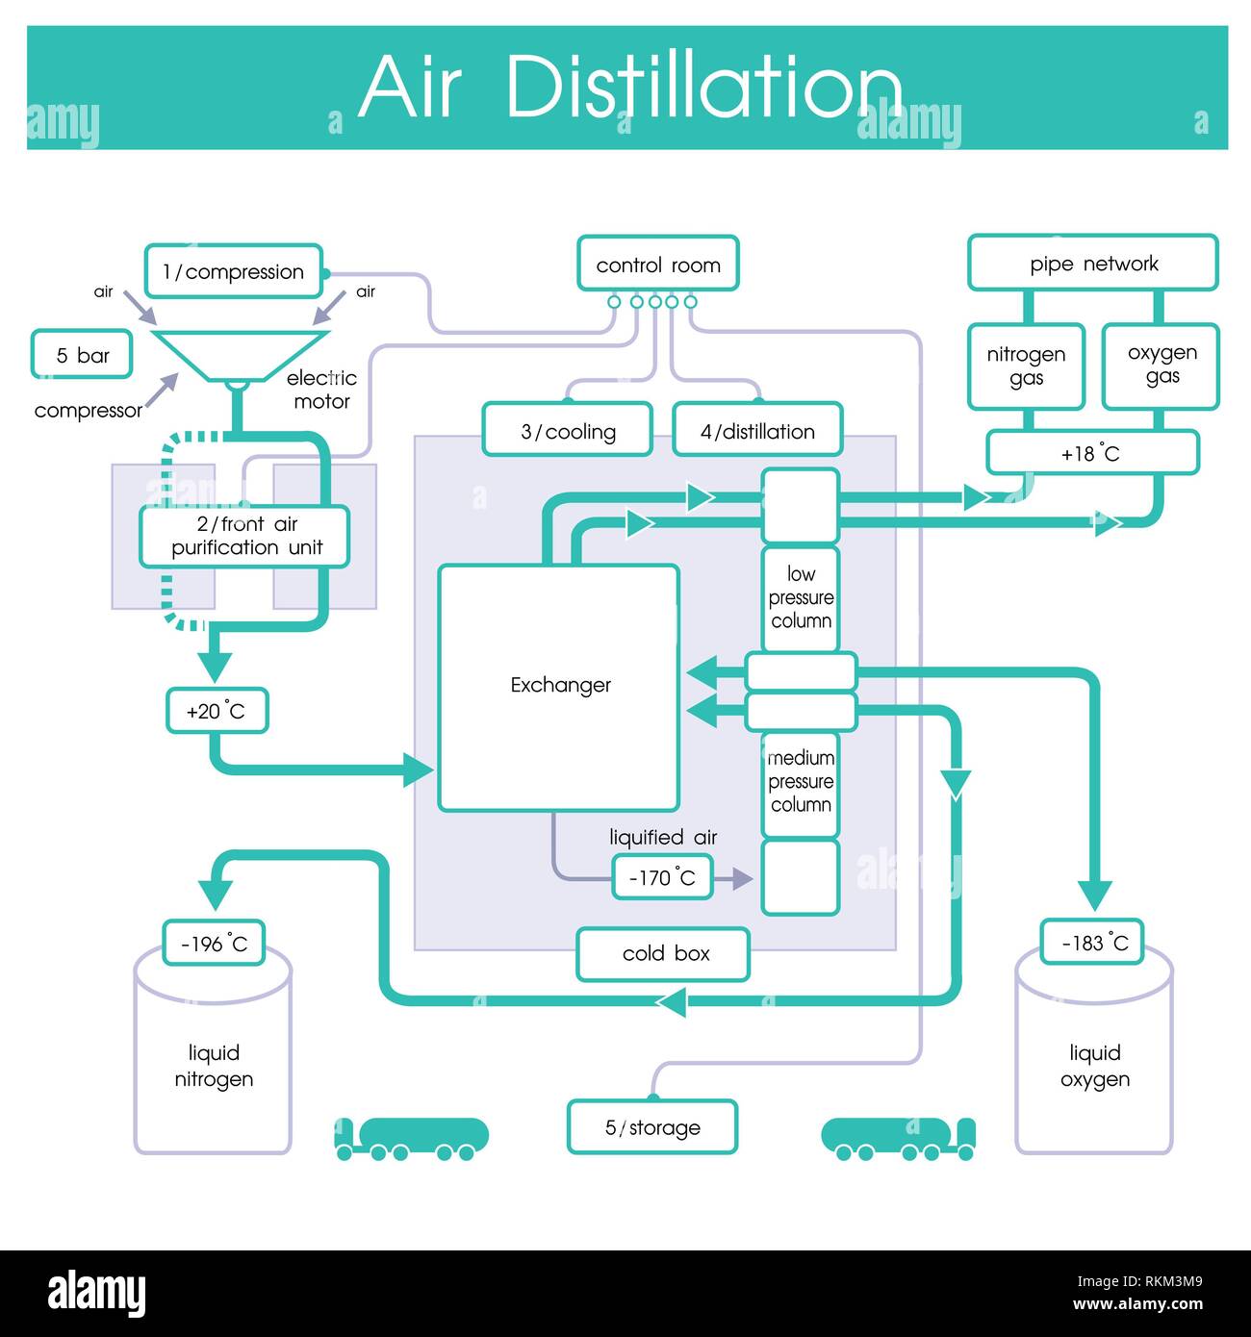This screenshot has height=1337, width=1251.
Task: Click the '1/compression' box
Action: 233,272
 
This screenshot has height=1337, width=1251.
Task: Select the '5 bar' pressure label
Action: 82,356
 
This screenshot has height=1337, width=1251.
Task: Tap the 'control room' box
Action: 658,265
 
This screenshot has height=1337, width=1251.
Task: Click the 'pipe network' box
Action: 1093,264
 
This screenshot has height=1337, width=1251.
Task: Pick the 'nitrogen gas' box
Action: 1026,366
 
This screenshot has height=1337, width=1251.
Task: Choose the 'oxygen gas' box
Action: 1162,366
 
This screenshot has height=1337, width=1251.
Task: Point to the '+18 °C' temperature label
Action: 1091,454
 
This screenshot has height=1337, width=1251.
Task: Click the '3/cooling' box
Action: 568,431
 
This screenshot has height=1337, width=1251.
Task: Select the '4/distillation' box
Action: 757,431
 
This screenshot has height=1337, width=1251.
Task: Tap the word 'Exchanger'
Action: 560,685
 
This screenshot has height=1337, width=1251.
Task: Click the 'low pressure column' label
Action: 801,597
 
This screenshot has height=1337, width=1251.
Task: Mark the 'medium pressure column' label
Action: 801,781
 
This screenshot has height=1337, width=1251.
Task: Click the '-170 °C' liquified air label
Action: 662,877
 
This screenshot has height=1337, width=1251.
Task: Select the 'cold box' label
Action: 664,953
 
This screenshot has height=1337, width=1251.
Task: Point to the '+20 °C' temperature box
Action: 217,712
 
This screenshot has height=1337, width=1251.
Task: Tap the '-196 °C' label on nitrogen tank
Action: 214,944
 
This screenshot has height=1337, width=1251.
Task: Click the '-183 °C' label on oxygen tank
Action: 1093,943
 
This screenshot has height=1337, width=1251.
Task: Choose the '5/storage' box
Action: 652,1127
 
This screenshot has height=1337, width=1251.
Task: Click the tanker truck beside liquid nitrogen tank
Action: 412,1138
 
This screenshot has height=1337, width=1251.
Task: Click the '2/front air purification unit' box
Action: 245,537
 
